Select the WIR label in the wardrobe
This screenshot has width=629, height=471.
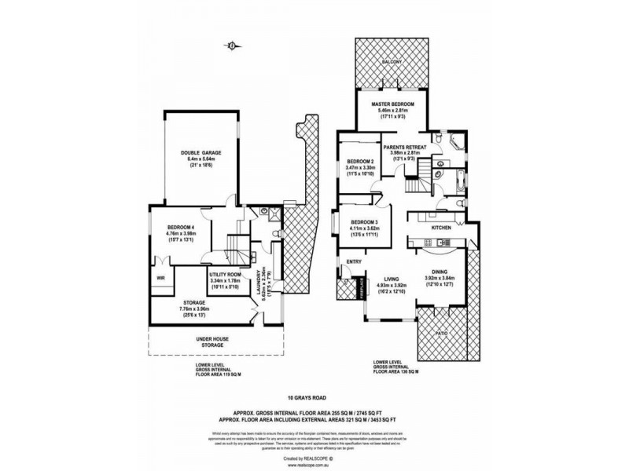160,277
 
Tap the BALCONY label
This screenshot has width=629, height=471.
392,61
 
